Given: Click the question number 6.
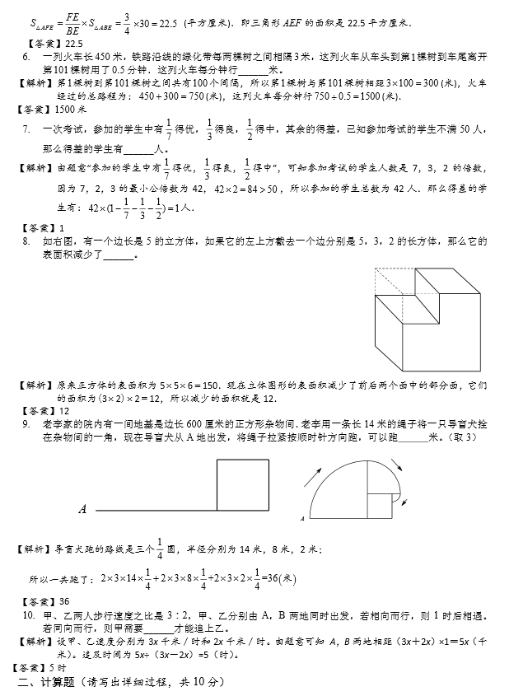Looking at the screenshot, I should click(26, 56).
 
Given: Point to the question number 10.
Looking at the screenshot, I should click(28, 614).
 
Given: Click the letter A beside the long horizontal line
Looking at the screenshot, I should click(82, 510).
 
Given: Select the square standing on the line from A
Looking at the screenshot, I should click(242, 485).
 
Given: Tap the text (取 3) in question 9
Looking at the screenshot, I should click(473, 437).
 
